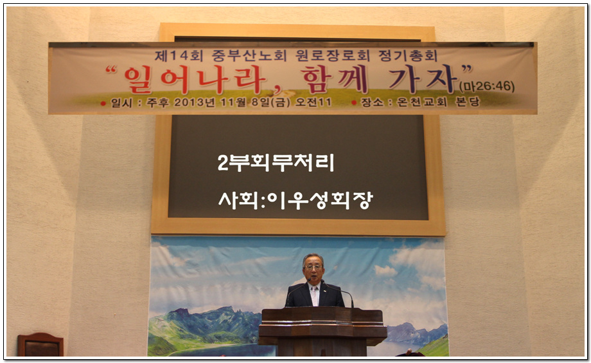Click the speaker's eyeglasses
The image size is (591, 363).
pyautogui.click(x=313, y=267)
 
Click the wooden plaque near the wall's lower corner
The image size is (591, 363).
pyautogui.click(x=40, y=344)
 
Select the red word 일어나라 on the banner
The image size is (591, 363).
pyautogui.click(x=195, y=80)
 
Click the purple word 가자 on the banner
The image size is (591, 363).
pyautogui.click(x=423, y=79)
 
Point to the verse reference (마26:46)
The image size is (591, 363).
pyautogui.click(x=486, y=86)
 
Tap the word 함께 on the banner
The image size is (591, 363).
pyautogui.click(x=334, y=79)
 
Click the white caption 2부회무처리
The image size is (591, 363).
pyautogui.click(x=276, y=163)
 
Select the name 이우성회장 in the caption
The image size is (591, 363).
pyautogui.click(x=320, y=200)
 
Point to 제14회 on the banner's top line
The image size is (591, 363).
pyautogui.click(x=179, y=56)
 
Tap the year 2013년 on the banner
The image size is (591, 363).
pyautogui.click(x=195, y=102)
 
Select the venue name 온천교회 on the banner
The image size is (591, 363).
pyautogui.click(x=422, y=102)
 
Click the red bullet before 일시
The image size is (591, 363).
pyautogui.click(x=103, y=103)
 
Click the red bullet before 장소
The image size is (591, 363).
pyautogui.click(x=354, y=102)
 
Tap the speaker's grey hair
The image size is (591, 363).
pyautogui.click(x=313, y=258)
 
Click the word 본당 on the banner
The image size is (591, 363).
pyautogui.click(x=468, y=102)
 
